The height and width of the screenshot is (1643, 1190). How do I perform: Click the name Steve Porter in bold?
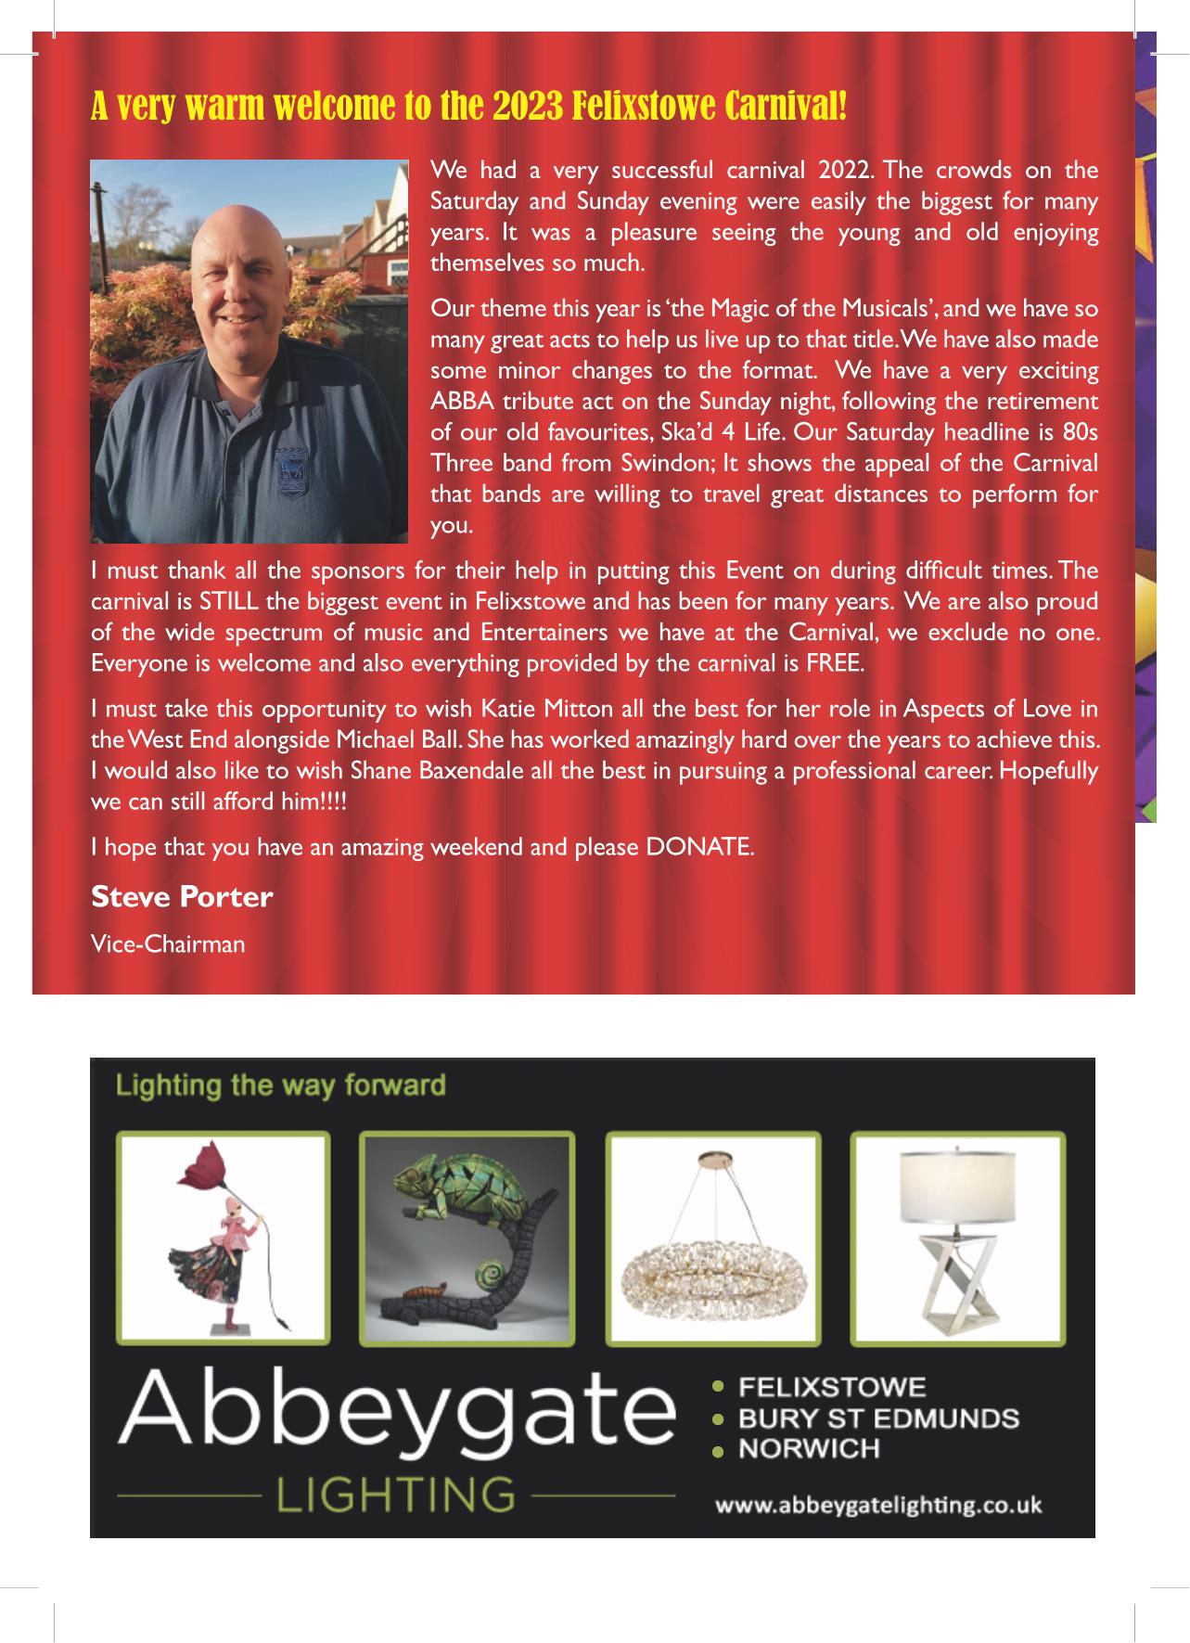(x=182, y=897)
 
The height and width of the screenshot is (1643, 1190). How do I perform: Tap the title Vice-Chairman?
(x=168, y=944)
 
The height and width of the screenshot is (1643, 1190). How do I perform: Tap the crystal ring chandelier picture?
(x=712, y=1239)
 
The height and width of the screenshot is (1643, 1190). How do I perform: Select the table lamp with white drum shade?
(x=956, y=1239)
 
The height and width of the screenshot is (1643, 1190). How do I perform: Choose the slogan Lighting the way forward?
(x=280, y=1085)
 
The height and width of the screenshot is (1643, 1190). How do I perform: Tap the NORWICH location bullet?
(x=808, y=1448)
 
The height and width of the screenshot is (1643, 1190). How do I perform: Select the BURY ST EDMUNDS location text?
(x=877, y=1418)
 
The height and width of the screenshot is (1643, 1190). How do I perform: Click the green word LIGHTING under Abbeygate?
(x=397, y=1495)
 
